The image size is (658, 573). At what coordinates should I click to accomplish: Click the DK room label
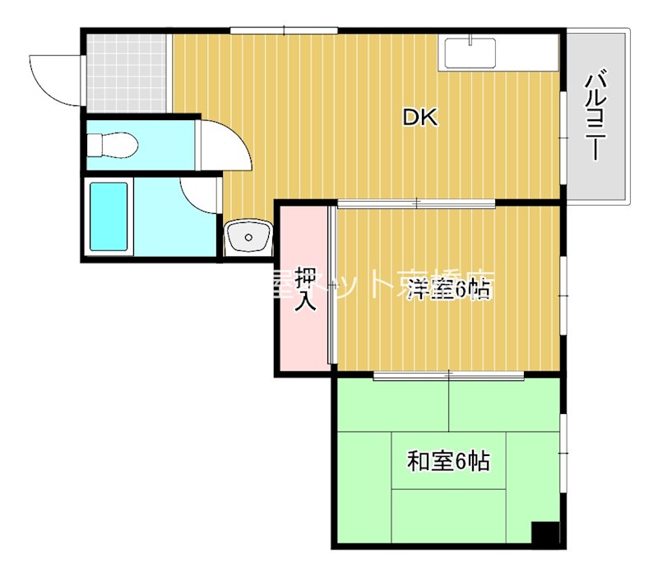click(x=420, y=118)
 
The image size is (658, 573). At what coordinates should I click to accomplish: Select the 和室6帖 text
click(x=449, y=461)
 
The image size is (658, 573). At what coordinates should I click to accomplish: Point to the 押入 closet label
click(x=306, y=290)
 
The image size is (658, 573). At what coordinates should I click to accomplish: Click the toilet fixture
click(x=113, y=146)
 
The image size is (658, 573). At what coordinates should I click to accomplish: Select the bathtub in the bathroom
click(x=109, y=217)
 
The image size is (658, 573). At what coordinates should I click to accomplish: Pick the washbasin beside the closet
click(x=248, y=238)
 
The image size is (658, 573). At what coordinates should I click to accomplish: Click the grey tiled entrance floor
click(x=126, y=72)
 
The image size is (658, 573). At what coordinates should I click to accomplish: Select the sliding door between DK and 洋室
click(x=416, y=203)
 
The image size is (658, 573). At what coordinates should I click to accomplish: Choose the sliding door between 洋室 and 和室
click(x=448, y=375)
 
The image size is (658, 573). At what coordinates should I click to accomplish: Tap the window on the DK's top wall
click(x=284, y=31)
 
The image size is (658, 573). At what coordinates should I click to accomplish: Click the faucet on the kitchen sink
click(x=470, y=40)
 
